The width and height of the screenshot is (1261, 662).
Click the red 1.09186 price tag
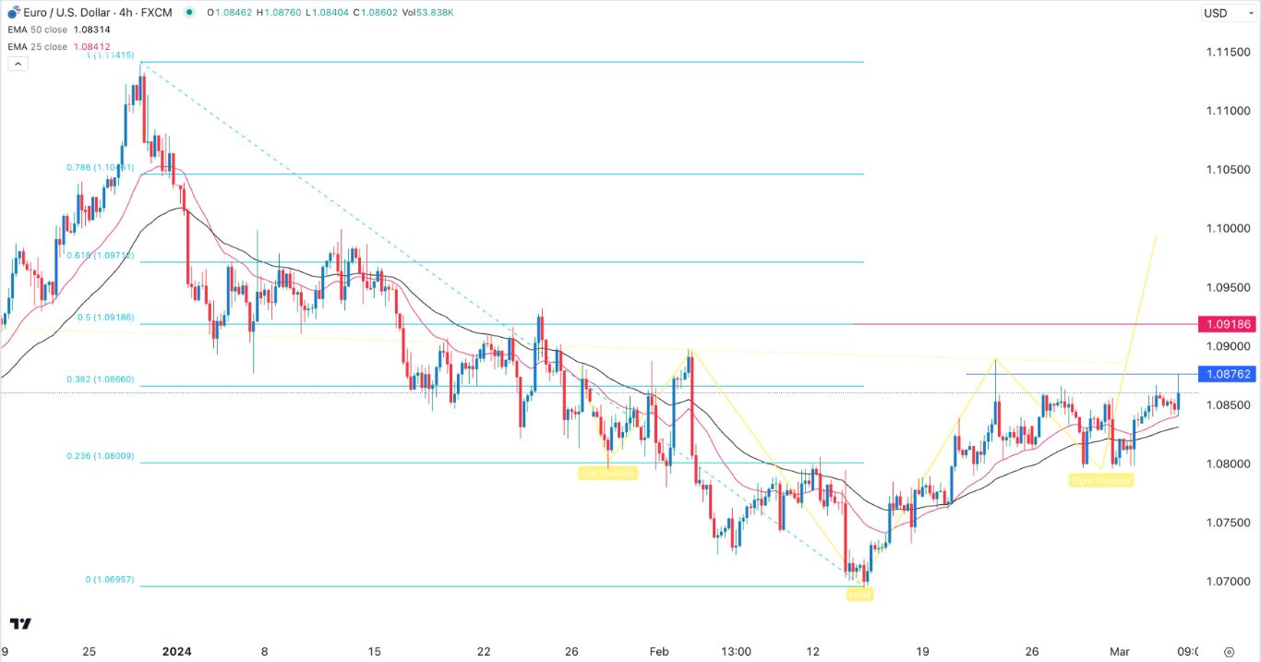coord(1226,325)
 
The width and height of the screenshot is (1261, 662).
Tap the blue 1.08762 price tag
coord(1226,374)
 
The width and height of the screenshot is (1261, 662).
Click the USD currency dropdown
coord(1226,13)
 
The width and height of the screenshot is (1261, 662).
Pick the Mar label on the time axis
coord(1119,651)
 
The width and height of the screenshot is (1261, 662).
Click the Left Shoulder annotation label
coord(607,473)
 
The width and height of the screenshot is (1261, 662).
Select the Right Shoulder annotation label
coord(1100,480)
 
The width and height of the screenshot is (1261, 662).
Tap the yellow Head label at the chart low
coord(859,595)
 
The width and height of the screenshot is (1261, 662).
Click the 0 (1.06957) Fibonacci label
coord(109,579)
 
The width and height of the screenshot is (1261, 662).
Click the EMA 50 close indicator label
coord(37,30)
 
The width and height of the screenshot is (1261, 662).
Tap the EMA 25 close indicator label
coord(37,46)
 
